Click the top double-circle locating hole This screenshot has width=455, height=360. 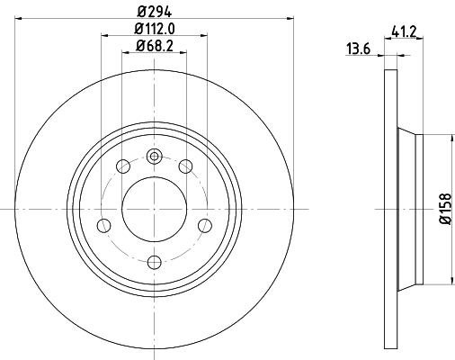coord(154,156)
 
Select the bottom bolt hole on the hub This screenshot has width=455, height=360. coord(154,262)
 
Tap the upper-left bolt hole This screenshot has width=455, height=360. coord(122,165)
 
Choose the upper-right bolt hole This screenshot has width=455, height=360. coord(186,165)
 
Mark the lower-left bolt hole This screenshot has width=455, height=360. coord(103,224)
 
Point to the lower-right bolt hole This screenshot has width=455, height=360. coord(205,224)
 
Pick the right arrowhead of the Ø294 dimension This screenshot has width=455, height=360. coord(290,16)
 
